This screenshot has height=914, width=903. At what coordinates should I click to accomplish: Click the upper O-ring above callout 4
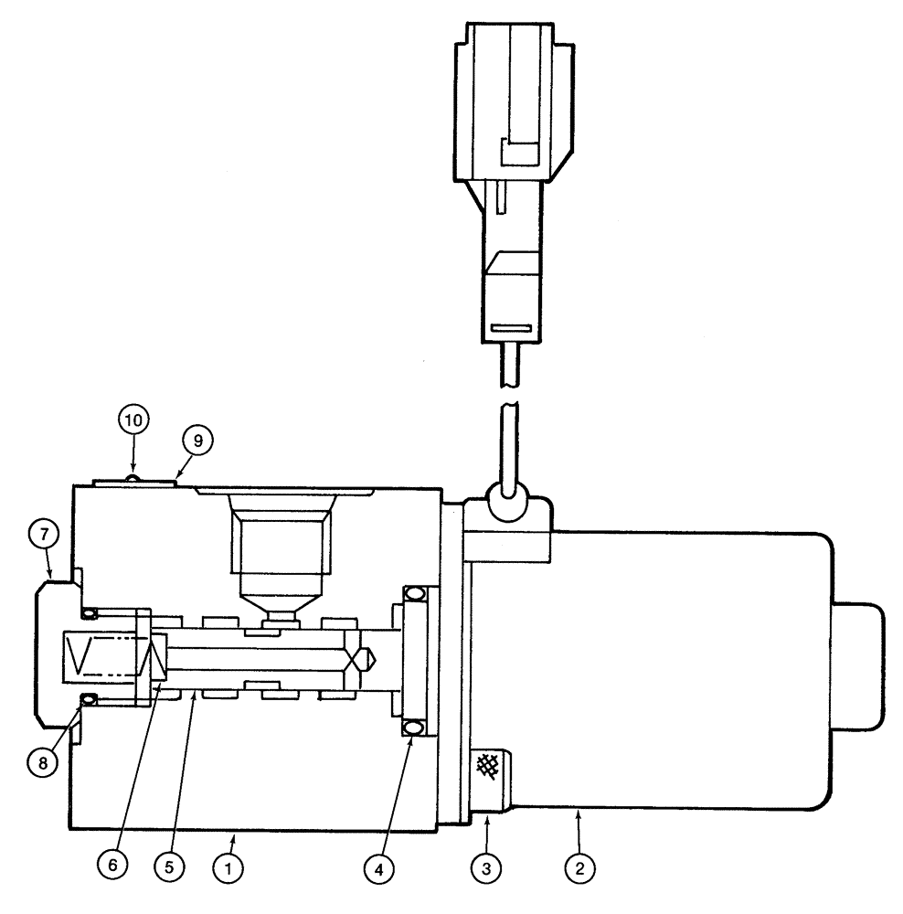click(x=412, y=593)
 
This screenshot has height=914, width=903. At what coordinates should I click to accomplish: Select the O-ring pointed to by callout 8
click(x=89, y=700)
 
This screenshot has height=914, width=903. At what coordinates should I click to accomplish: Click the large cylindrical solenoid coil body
click(x=685, y=667)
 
